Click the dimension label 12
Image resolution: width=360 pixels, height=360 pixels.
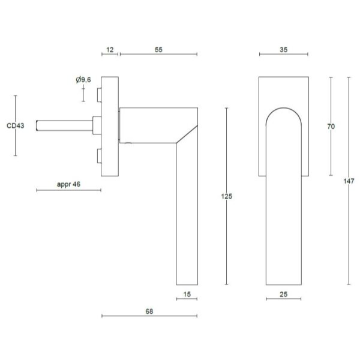pyautogui.click(x=110, y=50)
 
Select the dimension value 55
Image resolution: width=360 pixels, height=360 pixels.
pyautogui.click(x=158, y=50)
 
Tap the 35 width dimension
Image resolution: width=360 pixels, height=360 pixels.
pyautogui.click(x=284, y=50)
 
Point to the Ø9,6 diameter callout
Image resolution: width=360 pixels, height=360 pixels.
pyautogui.click(x=83, y=80)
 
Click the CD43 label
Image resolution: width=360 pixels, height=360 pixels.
pyautogui.click(x=16, y=125)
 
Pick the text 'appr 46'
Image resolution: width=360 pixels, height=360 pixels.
pyautogui.click(x=68, y=184)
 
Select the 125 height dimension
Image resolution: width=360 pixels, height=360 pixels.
pyautogui.click(x=227, y=196)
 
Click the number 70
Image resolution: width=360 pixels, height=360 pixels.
pyautogui.click(x=331, y=126)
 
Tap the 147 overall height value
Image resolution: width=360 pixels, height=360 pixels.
pyautogui.click(x=349, y=181)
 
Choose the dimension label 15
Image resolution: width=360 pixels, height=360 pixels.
pyautogui.click(x=187, y=295)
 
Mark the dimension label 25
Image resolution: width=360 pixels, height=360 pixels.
pyautogui.click(x=284, y=295)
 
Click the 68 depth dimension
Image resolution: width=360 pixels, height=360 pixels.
pyautogui.click(x=149, y=311)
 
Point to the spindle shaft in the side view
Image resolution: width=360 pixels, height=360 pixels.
pyautogui.click(x=64, y=125)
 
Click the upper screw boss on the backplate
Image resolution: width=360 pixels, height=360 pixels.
pyautogui.click(x=99, y=95)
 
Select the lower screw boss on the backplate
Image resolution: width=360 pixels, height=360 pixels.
pyautogui.click(x=99, y=156)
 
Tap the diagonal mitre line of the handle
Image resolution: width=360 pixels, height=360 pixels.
pyautogui.click(x=187, y=134)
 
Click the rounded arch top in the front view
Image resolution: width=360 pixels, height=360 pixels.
pyautogui.click(x=284, y=116)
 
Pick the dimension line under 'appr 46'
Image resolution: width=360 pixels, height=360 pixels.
pyautogui.click(x=68, y=190)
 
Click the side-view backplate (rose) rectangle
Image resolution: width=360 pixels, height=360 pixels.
pyautogui.click(x=110, y=127)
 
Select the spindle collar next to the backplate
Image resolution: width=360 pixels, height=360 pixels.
pyautogui.click(x=97, y=125)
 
